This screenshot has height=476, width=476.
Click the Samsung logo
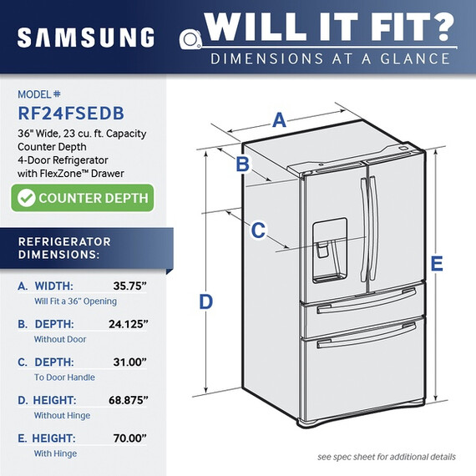coord(86,37)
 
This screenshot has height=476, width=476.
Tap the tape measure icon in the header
coord(190,39)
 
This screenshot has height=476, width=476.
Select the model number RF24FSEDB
coord(71,114)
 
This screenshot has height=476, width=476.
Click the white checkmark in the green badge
coord(27,198)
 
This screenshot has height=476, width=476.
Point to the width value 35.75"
coord(129,286)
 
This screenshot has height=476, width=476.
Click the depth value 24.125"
coord(128,324)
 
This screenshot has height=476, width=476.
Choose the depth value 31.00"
coord(129,362)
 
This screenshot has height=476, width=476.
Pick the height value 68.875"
coord(128,400)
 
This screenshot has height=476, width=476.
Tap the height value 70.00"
coord(129,438)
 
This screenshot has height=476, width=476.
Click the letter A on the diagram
coord(279,120)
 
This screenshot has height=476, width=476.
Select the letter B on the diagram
coord(242,164)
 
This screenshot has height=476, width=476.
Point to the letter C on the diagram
coord(258,230)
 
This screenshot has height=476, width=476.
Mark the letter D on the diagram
coord(205,302)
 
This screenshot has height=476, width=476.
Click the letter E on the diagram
coord(437,263)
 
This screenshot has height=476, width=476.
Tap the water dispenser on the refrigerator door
coord(330,251)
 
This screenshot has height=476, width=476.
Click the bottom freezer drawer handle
coord(367,336)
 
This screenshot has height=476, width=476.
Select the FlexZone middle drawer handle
coord(367,301)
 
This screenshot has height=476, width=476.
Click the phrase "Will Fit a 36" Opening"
coord(75,301)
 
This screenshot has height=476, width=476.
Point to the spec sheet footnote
coord(387,457)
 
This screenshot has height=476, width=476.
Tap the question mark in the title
coord(440,27)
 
